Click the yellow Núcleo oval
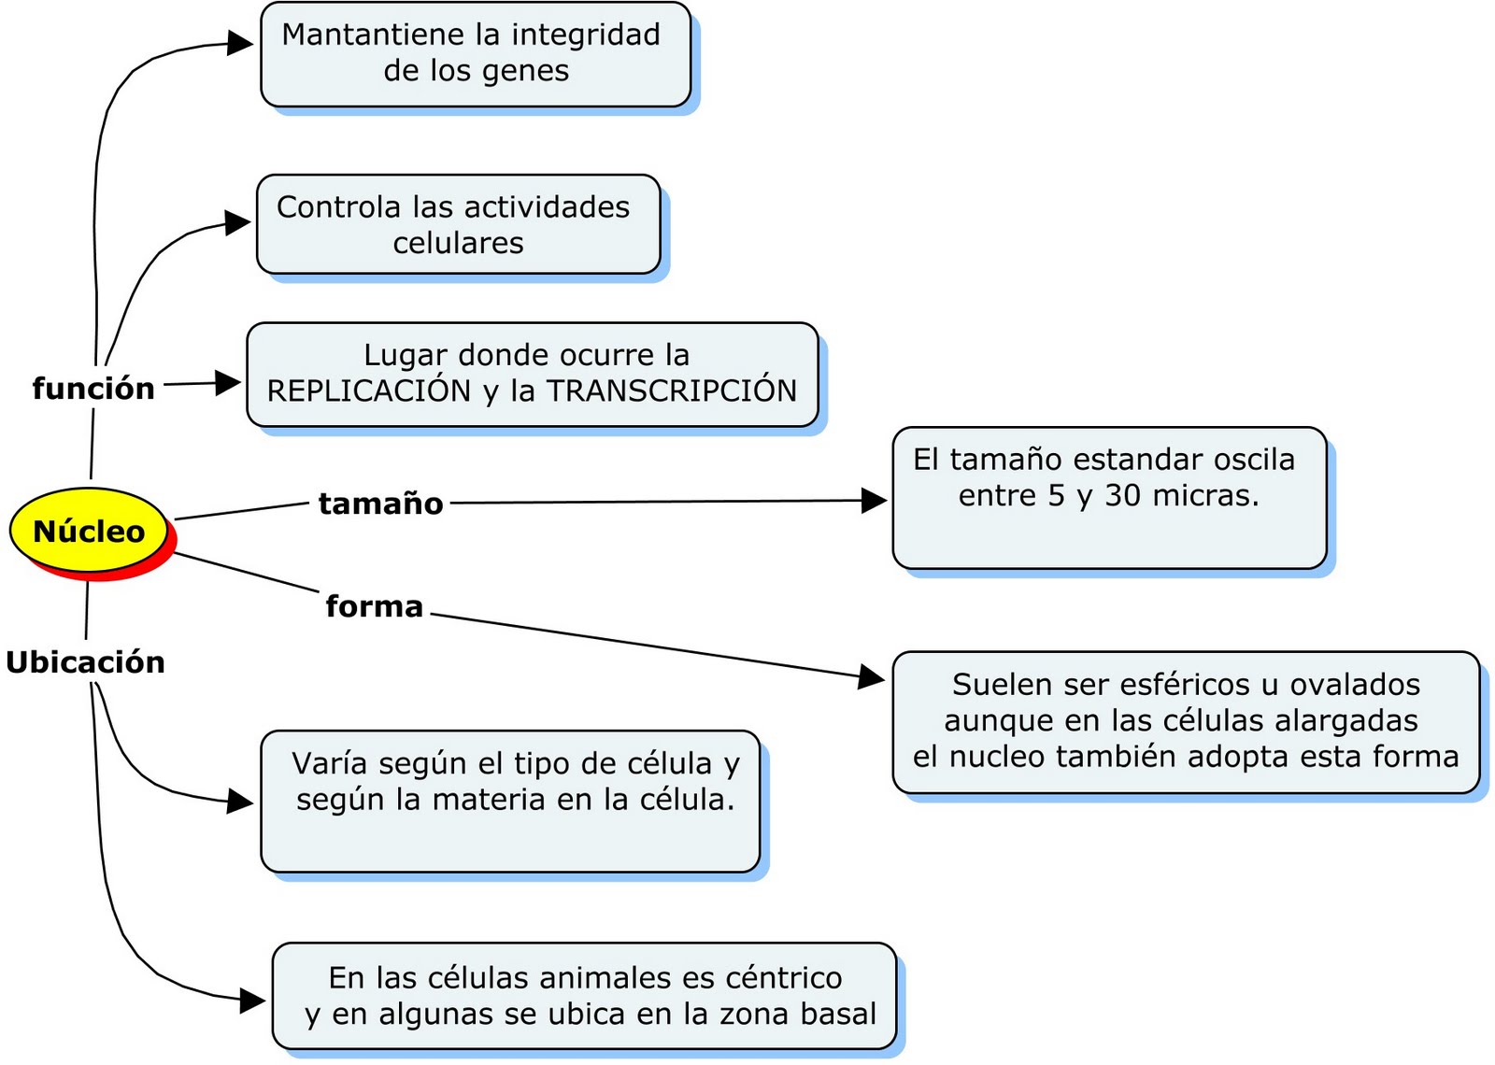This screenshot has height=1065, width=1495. tap(90, 530)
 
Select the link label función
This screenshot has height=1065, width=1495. tap(93, 388)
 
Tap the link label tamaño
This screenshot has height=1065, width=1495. tap(380, 504)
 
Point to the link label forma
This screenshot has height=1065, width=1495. tap(374, 606)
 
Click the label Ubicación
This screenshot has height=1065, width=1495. tap(85, 662)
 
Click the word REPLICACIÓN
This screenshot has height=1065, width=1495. tap(369, 390)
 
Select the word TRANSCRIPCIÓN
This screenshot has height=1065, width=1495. tap(672, 390)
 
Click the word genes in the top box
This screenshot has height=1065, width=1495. tap(527, 71)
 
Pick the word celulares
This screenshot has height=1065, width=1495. tap(458, 243)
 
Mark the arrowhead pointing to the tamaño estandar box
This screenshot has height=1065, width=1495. tap(874, 501)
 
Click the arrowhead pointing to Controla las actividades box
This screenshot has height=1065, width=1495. tap(238, 223)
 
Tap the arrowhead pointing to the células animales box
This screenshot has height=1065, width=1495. tap(252, 1001)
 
